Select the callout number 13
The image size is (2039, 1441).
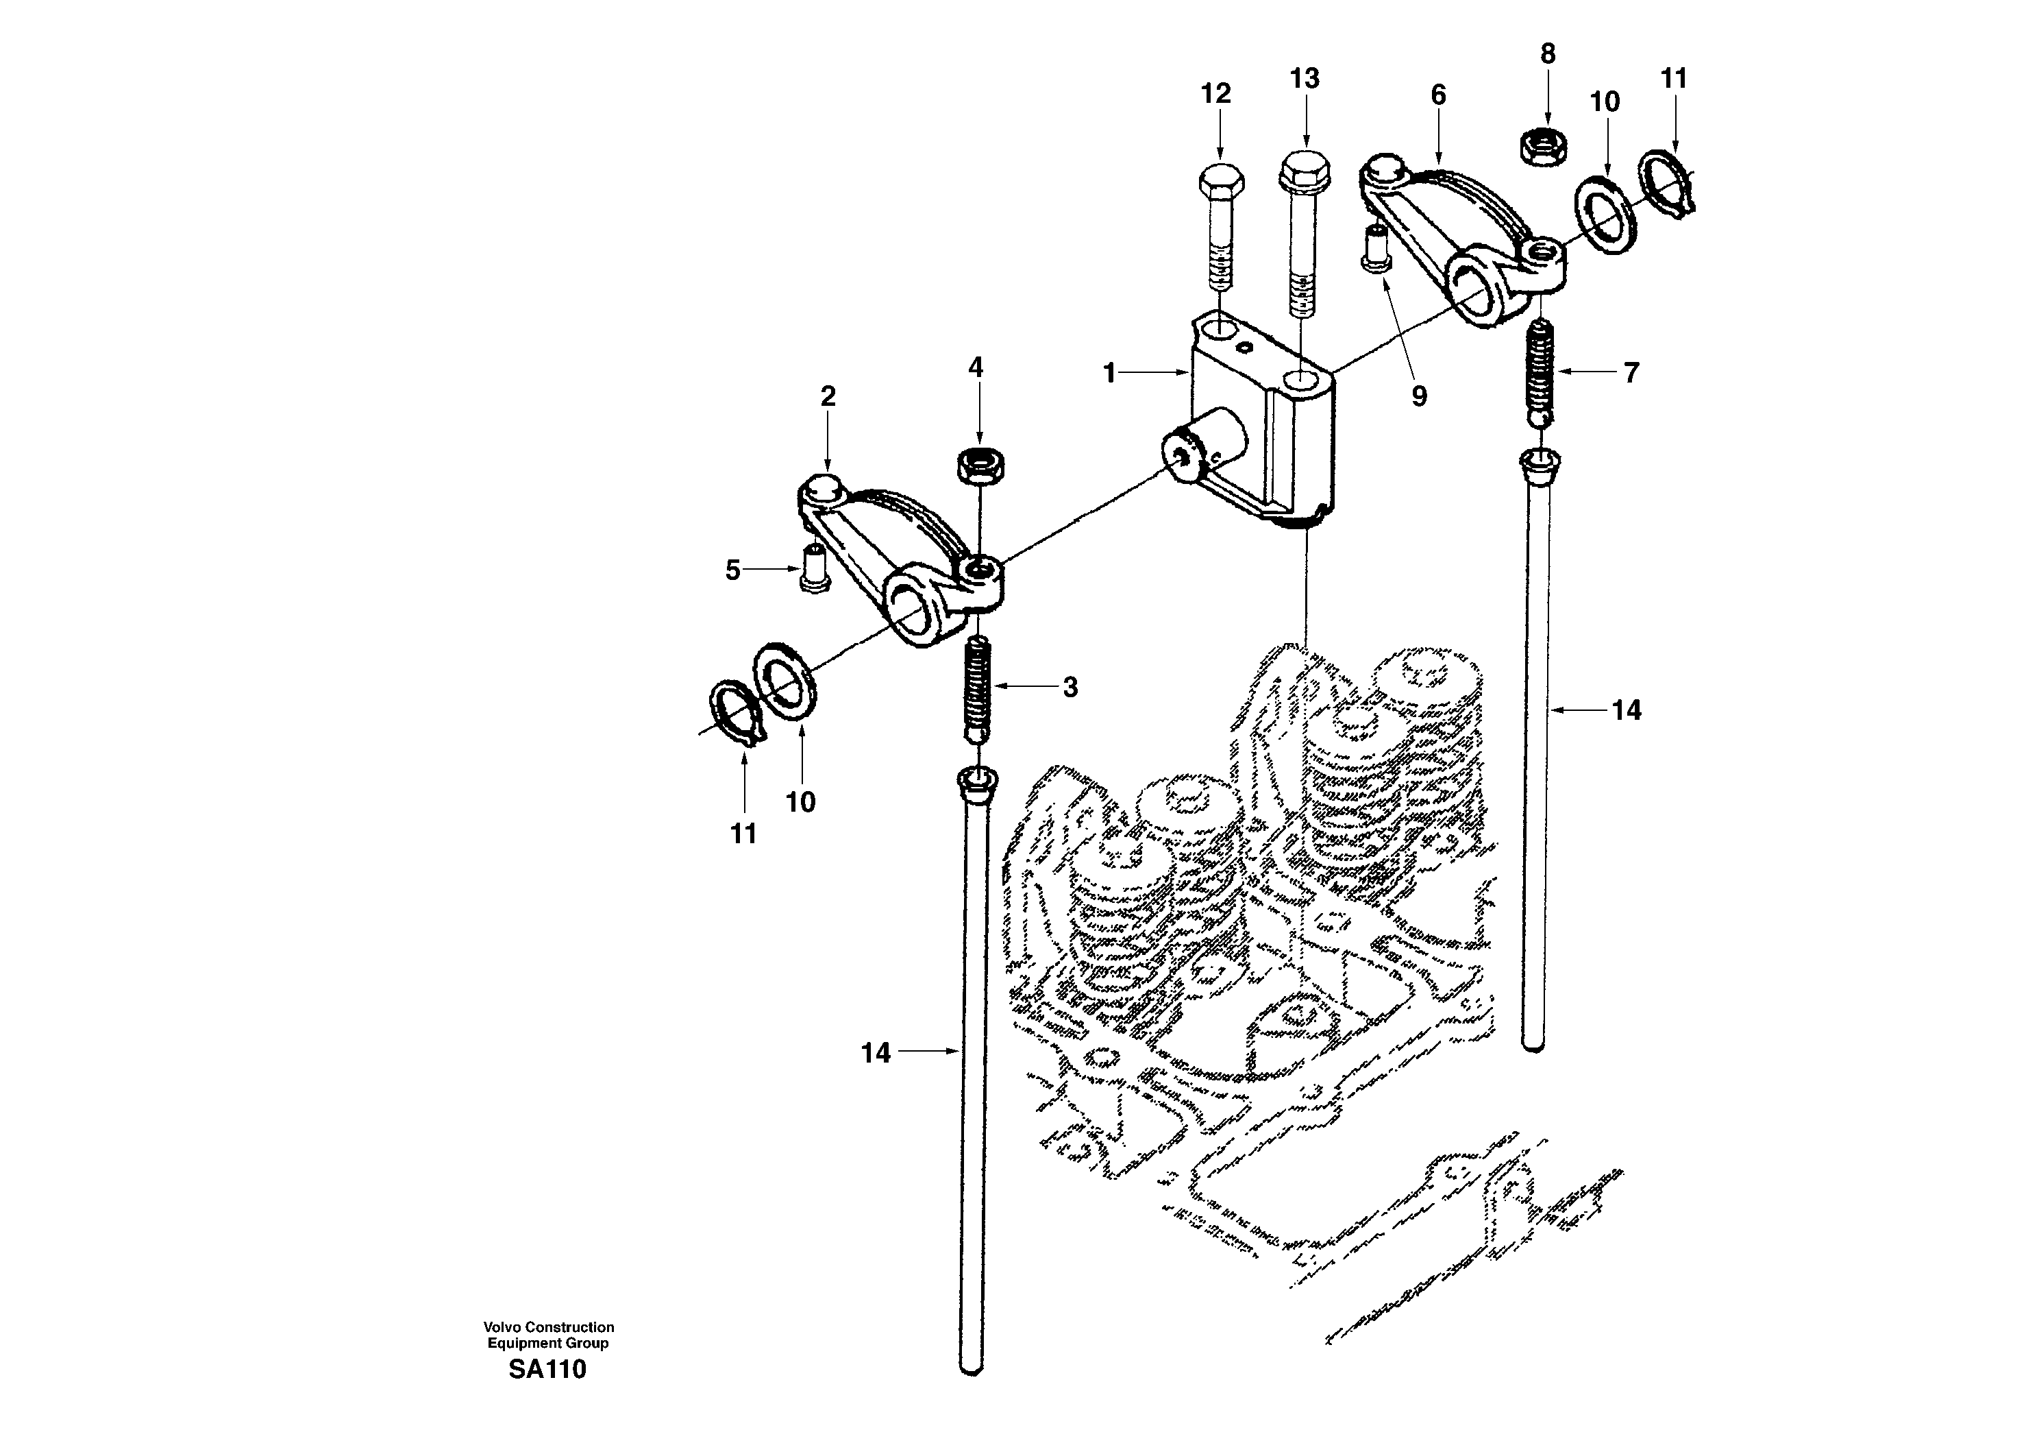click(x=1305, y=79)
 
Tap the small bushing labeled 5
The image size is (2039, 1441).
click(x=193, y=568)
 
